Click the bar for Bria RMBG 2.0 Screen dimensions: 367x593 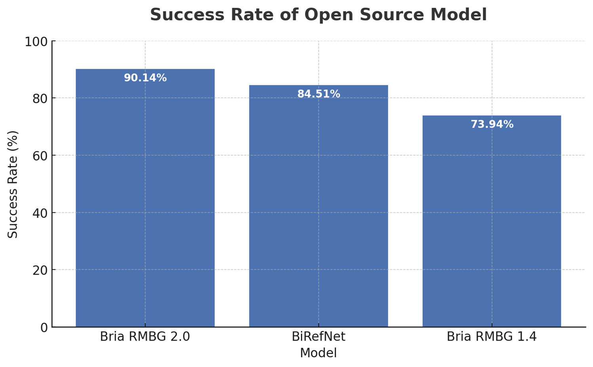(145, 198)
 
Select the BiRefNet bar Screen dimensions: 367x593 (318, 206)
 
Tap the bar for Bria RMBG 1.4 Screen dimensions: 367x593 (492, 221)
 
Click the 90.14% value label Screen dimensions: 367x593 (145, 78)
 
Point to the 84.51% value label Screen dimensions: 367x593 (319, 94)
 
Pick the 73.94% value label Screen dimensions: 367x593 (492, 125)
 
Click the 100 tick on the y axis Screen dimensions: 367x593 (36, 42)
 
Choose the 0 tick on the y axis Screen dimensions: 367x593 (44, 327)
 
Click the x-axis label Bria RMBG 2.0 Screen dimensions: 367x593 (145, 337)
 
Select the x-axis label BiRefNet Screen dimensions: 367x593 (318, 337)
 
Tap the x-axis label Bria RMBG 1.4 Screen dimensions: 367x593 (492, 337)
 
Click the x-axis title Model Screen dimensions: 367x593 (318, 353)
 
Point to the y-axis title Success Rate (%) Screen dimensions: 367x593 (13, 184)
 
